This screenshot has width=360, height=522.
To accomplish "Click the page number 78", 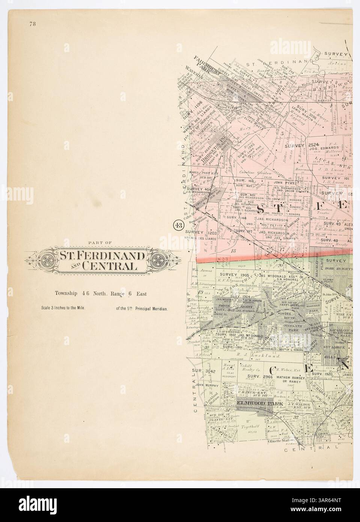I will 31,25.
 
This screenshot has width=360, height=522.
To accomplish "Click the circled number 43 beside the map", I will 176,226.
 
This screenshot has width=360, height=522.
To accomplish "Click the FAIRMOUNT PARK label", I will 203,66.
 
